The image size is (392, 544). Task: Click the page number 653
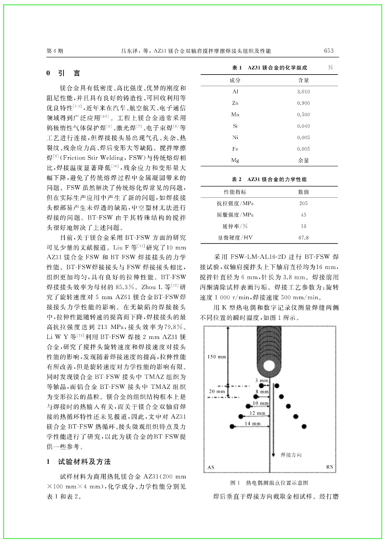pos(329,51)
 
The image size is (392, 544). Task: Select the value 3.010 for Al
pos(303,92)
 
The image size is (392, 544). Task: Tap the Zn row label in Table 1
pos(235,103)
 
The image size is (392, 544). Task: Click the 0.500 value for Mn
pos(303,115)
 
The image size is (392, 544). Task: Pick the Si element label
pos(235,126)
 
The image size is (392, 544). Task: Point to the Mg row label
pos(235,160)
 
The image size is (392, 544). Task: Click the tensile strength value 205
pos(303,203)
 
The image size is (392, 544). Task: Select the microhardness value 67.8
pos(303,238)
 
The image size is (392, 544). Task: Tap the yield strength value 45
pos(303,215)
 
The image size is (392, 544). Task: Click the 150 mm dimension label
pos(216,357)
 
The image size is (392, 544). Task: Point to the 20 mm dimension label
pos(216,392)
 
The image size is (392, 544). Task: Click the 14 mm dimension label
pos(253,424)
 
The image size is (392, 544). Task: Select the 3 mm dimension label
pos(262,381)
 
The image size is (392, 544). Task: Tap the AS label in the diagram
pos(211,467)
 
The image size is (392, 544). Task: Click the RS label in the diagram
pos(329,467)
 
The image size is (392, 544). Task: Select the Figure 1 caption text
pos(269,483)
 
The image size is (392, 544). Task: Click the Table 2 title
pos(269,180)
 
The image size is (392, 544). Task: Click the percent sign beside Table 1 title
pos(330,68)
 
